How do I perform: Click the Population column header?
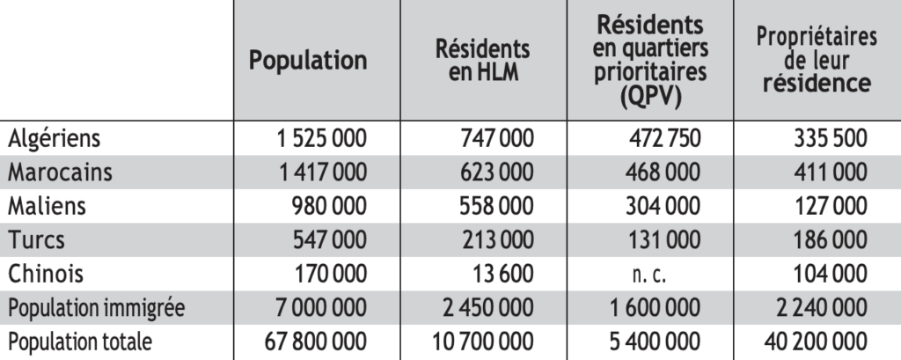[308, 61]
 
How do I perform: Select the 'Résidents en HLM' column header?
[483, 61]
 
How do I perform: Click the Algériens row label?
[55, 138]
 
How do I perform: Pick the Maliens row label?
[48, 206]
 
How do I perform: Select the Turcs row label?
[37, 239]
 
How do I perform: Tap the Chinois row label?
[46, 273]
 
